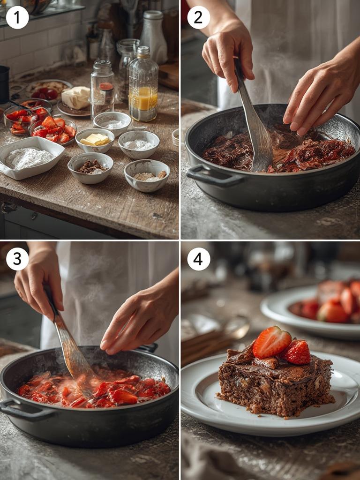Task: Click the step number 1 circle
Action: pyautogui.click(x=17, y=18)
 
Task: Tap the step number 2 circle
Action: pyautogui.click(x=198, y=18)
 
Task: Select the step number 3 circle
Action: pyautogui.click(x=17, y=259)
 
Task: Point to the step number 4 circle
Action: pyautogui.click(x=199, y=259)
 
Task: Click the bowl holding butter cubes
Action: pyautogui.click(x=95, y=140)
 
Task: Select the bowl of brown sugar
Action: pyautogui.click(x=90, y=167)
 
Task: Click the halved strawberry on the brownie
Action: pyautogui.click(x=271, y=342)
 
